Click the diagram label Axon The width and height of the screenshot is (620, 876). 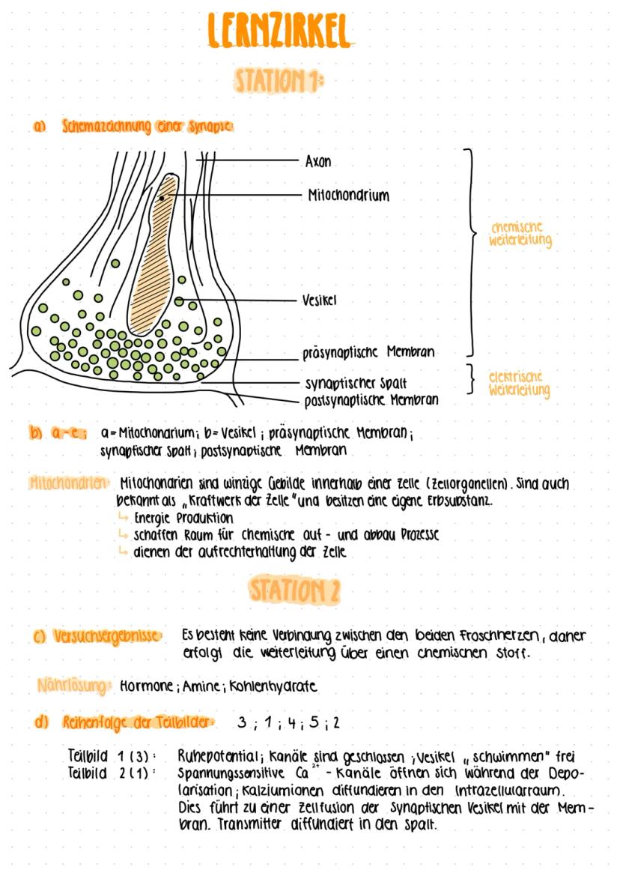pyautogui.click(x=318, y=162)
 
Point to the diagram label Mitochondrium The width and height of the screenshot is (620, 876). pyautogui.click(x=348, y=196)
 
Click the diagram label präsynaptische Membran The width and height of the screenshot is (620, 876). pyautogui.click(x=368, y=351)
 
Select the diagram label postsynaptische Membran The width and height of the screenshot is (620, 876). pyautogui.click(x=371, y=400)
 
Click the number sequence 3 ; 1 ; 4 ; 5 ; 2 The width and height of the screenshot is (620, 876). pyautogui.click(x=288, y=723)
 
